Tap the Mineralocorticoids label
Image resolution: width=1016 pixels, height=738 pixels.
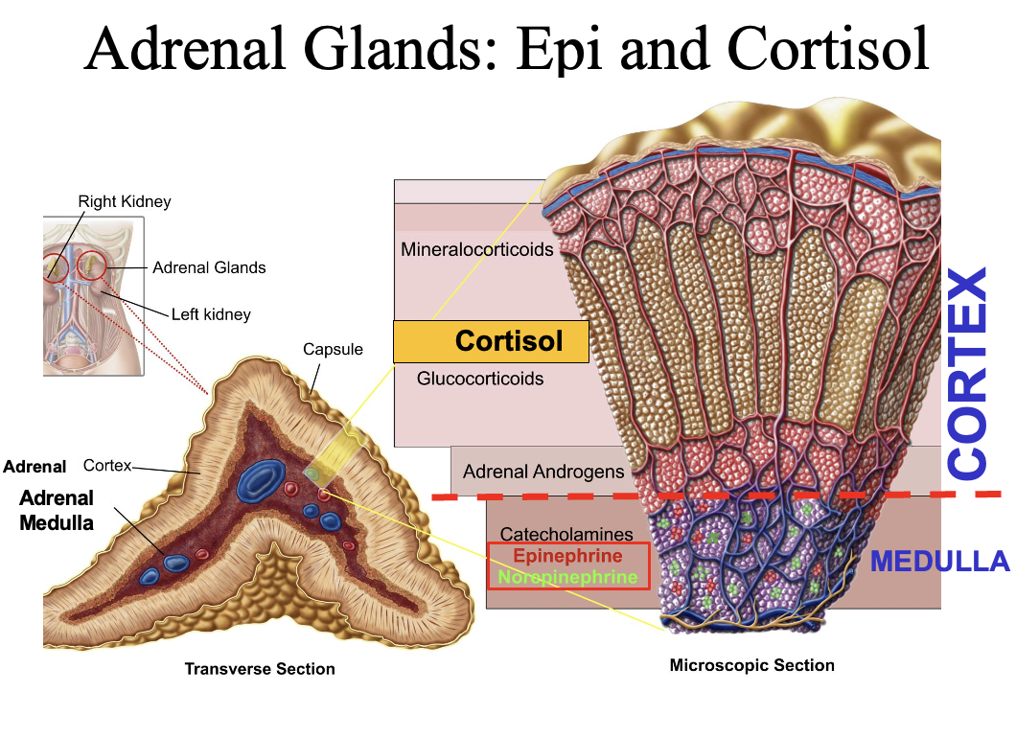(x=477, y=250)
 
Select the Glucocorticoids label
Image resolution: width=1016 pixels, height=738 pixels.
(x=479, y=379)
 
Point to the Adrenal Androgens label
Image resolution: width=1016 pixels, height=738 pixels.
(x=543, y=472)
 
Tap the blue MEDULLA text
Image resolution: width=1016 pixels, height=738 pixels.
(x=939, y=562)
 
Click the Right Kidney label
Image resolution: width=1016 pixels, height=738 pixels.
(x=125, y=201)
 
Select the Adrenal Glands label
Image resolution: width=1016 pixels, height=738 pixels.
(x=209, y=267)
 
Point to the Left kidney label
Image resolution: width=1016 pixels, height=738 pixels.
(x=211, y=313)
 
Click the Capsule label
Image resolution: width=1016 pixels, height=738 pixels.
(x=333, y=349)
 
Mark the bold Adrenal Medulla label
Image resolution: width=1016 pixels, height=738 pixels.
(x=57, y=510)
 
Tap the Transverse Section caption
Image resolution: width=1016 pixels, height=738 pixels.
(x=260, y=669)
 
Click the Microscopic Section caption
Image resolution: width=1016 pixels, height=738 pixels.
(x=751, y=665)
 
